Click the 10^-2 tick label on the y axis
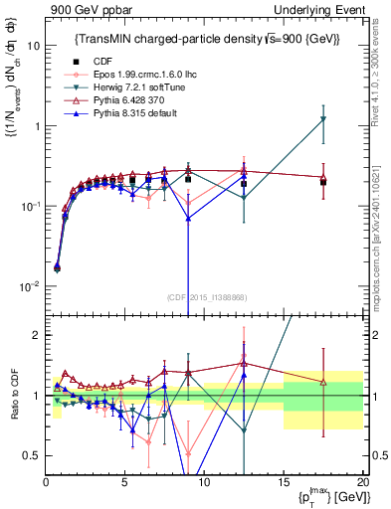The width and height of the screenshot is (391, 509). click(28, 286)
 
